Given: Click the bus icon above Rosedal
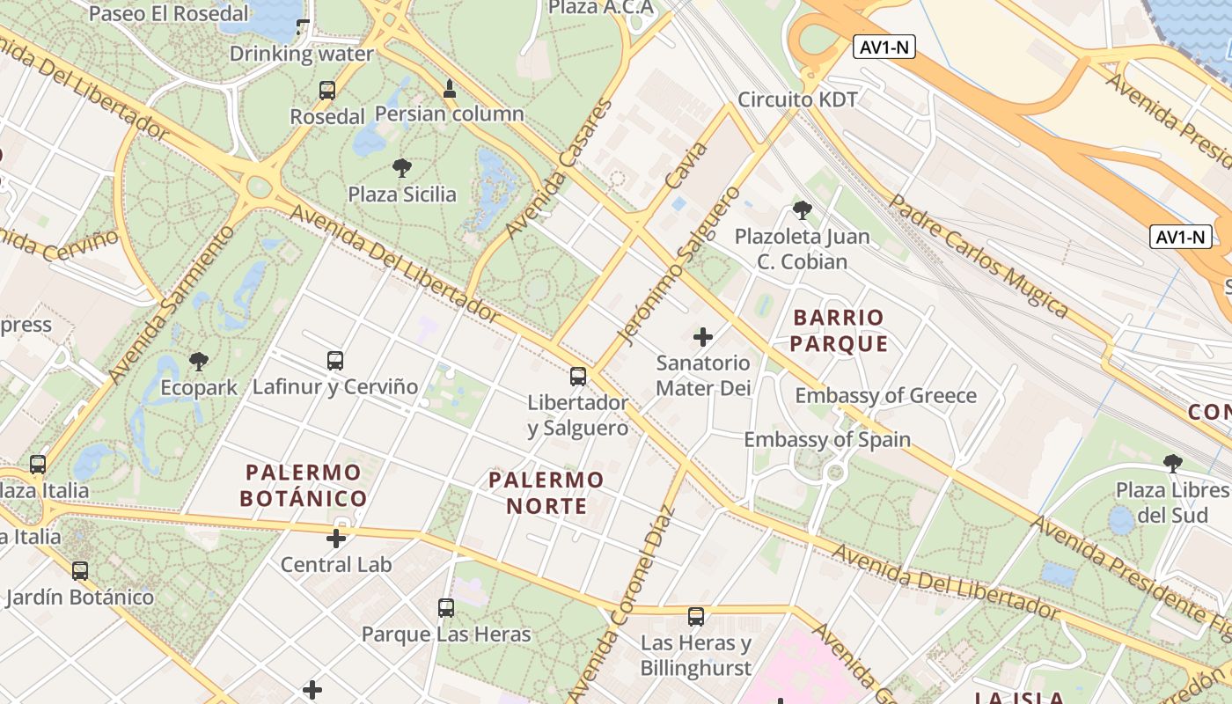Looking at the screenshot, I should [327, 90].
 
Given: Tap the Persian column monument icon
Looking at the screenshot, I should [450, 88].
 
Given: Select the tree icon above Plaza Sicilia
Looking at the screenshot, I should [402, 167].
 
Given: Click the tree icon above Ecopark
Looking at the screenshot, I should [199, 361].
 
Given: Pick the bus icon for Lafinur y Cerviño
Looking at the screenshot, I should [335, 360].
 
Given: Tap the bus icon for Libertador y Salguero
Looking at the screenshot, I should [578, 377].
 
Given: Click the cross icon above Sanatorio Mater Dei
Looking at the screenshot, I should [703, 336].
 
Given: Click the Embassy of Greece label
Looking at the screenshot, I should [885, 395].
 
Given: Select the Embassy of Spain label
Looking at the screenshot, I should [827, 439].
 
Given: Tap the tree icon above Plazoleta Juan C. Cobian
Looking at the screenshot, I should [802, 210].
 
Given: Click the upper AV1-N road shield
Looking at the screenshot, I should [884, 48].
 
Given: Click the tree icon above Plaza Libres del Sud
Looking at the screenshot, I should [1172, 463].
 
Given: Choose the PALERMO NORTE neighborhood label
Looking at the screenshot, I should [546, 493].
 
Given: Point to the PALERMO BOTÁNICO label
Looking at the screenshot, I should [304, 486].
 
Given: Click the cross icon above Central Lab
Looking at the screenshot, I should [336, 538].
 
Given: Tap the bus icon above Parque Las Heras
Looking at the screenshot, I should [446, 607].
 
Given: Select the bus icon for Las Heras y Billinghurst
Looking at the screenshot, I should [696, 616].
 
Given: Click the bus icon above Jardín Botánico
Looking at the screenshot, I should [80, 570].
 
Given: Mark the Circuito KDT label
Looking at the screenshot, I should [797, 99].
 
